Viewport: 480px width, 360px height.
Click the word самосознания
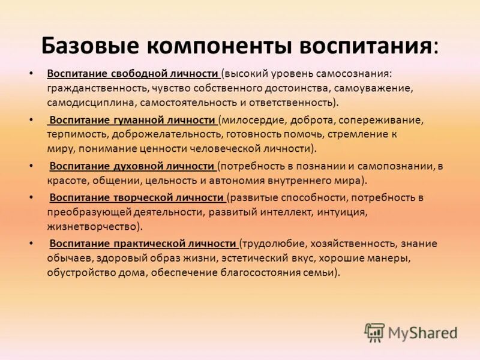[x=358, y=74]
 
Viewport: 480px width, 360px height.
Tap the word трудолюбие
[x=273, y=244]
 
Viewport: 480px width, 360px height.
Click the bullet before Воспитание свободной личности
[x=31, y=74]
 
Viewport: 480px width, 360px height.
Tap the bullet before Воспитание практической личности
[x=31, y=244]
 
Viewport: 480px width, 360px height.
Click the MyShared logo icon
[x=374, y=332]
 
